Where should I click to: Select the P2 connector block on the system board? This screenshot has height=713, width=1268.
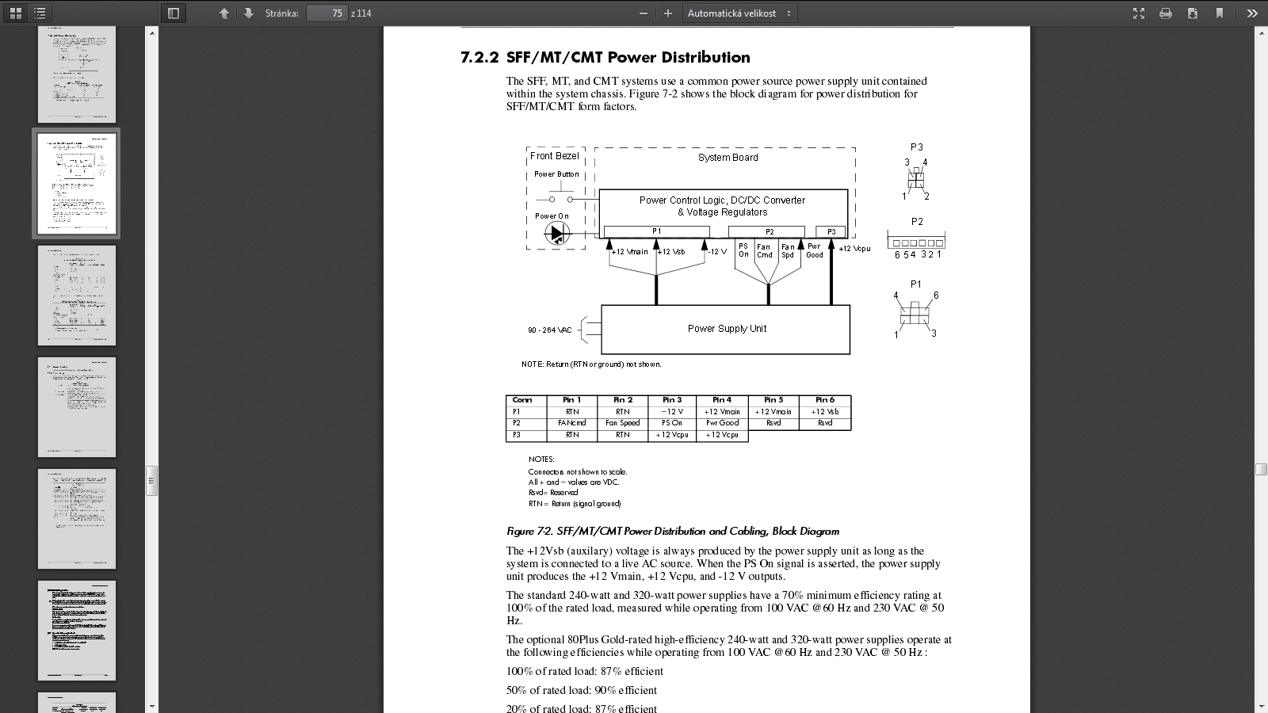click(768, 231)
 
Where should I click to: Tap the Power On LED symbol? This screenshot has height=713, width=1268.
click(556, 233)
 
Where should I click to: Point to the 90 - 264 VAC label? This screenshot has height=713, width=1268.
click(549, 330)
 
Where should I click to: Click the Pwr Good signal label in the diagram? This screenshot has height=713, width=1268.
click(815, 250)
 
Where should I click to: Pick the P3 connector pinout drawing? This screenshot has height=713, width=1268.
click(916, 179)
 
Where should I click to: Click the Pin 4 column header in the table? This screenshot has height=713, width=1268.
click(722, 400)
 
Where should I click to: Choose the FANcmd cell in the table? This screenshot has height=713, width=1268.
click(572, 423)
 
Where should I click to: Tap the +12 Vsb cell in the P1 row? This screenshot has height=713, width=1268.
click(824, 412)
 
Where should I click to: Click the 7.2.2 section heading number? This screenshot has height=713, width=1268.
click(479, 58)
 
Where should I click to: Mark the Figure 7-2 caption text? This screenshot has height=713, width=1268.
click(673, 532)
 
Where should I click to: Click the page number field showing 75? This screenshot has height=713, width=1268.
click(327, 13)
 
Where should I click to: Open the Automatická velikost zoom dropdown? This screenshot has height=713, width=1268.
click(739, 13)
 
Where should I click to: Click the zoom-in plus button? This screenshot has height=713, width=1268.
click(668, 13)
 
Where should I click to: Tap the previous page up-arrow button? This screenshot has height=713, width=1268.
click(224, 13)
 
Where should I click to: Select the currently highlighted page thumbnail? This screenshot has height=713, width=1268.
click(76, 183)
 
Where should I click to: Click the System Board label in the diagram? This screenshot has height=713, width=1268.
click(728, 158)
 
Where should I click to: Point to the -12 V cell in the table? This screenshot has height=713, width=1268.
click(671, 412)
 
